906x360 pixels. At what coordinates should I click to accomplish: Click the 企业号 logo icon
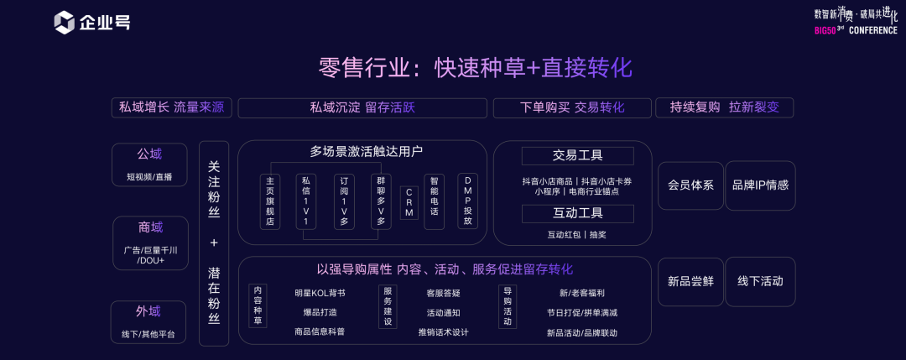tap(65, 23)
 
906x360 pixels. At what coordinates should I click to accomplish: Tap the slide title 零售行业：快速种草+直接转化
tap(475, 68)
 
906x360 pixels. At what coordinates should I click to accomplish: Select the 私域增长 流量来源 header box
tap(172, 107)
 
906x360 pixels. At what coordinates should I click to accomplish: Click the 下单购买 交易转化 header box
tap(571, 107)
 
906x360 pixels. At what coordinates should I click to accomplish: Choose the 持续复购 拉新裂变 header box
tap(725, 107)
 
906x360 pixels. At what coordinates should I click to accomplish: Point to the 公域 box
tap(149, 164)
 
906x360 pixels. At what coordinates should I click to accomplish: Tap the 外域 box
tap(148, 321)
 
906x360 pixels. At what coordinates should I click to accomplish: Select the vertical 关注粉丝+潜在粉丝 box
tap(214, 243)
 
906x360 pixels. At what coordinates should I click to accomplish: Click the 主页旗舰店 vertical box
tap(270, 201)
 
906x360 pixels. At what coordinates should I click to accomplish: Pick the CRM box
tap(409, 202)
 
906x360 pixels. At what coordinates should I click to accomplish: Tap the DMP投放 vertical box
tap(467, 201)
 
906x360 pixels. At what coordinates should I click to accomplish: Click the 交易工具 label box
tap(577, 156)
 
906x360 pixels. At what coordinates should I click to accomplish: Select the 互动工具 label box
tap(577, 213)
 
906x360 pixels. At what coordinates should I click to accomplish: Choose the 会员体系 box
tap(690, 185)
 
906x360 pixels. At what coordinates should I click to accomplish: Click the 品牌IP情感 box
tap(760, 185)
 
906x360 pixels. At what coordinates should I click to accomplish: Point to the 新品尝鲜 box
tap(690, 281)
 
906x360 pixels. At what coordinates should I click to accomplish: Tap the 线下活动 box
tap(760, 281)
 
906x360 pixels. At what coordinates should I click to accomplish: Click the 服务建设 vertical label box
tap(388, 305)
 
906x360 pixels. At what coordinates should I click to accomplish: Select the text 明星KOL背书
tap(320, 293)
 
